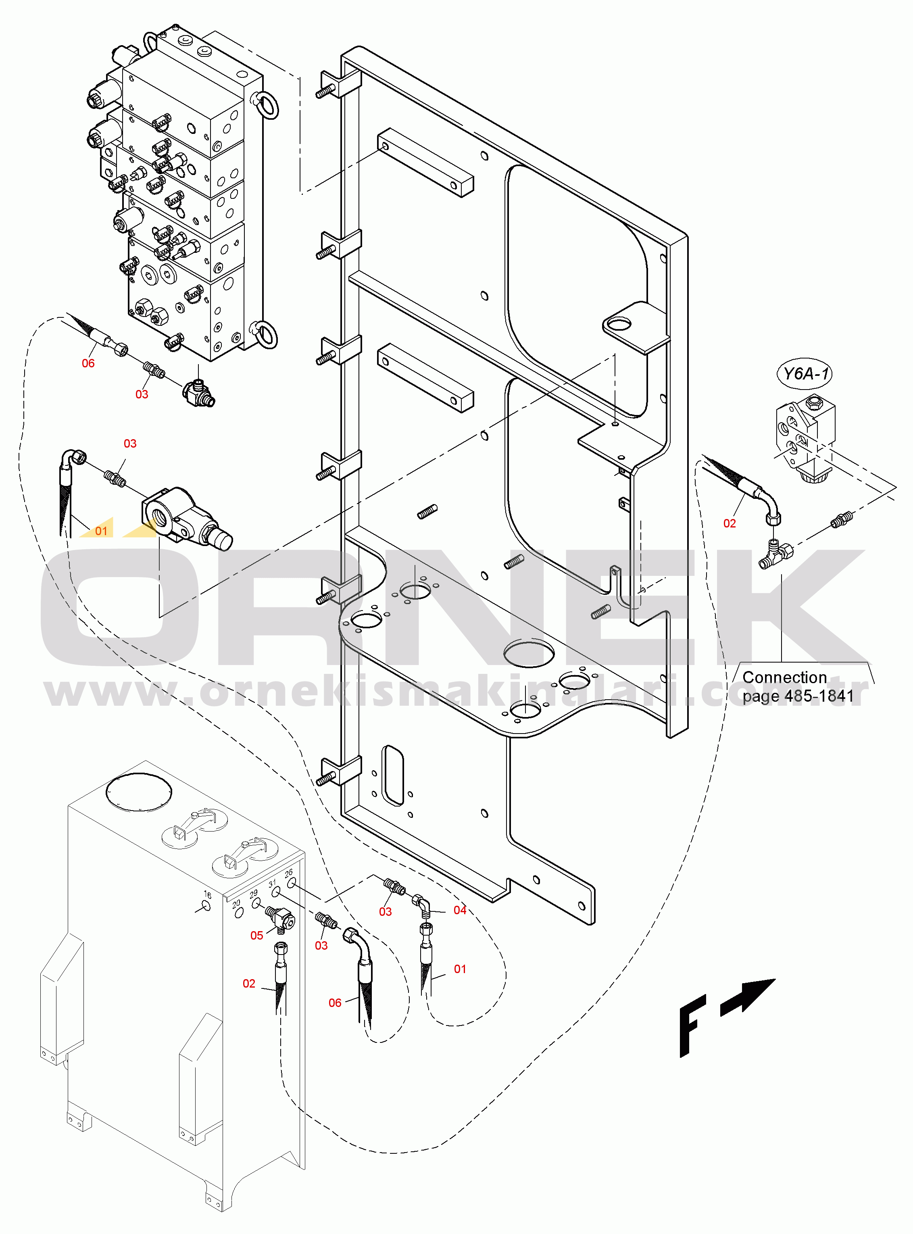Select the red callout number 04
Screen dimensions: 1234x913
pyautogui.click(x=460, y=910)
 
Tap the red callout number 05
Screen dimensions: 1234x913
pyautogui.click(x=257, y=936)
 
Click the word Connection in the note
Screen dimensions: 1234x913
pyautogui.click(x=784, y=677)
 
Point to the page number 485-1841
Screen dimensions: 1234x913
pyautogui.click(x=819, y=696)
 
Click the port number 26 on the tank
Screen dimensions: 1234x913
pyautogui.click(x=288, y=873)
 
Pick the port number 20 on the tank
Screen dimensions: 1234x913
pyautogui.click(x=237, y=904)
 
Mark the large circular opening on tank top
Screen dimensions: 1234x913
pyautogui.click(x=138, y=791)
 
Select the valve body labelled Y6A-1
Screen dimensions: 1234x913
pyautogui.click(x=805, y=437)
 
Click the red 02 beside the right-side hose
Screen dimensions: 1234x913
pyautogui.click(x=730, y=523)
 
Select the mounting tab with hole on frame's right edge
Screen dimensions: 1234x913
pyautogui.click(x=636, y=327)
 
